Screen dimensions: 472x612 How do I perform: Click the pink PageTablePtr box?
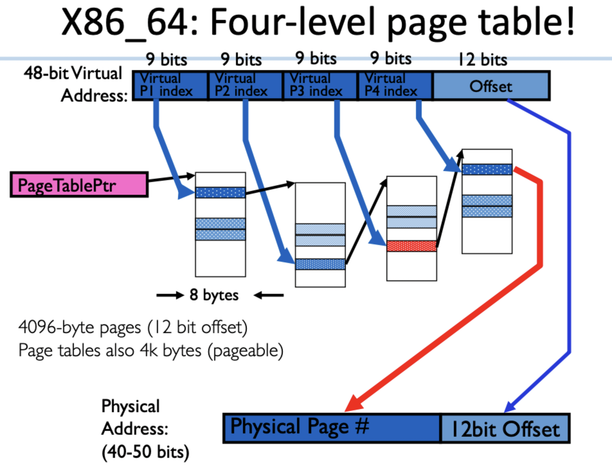tap(79, 185)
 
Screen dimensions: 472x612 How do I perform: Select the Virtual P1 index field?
tap(170, 86)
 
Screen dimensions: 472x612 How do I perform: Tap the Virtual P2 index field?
tap(245, 86)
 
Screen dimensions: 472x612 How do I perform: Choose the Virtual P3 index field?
tap(320, 86)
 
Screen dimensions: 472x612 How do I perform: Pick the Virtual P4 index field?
tap(395, 86)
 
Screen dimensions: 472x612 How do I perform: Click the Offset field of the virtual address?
tap(491, 86)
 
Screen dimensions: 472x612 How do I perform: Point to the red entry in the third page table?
tap(411, 246)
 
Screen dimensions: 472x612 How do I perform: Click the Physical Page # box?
tap(331, 428)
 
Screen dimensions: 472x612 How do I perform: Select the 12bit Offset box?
tap(505, 429)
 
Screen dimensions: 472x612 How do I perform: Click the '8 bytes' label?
tap(214, 295)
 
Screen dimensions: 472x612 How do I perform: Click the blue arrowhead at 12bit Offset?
tap(509, 407)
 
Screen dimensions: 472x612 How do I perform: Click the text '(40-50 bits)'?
tap(145, 452)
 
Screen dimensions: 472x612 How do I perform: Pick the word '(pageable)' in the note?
tap(245, 351)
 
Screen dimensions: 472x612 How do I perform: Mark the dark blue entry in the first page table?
tap(220, 193)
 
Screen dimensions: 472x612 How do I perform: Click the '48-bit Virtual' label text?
tap(73, 73)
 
